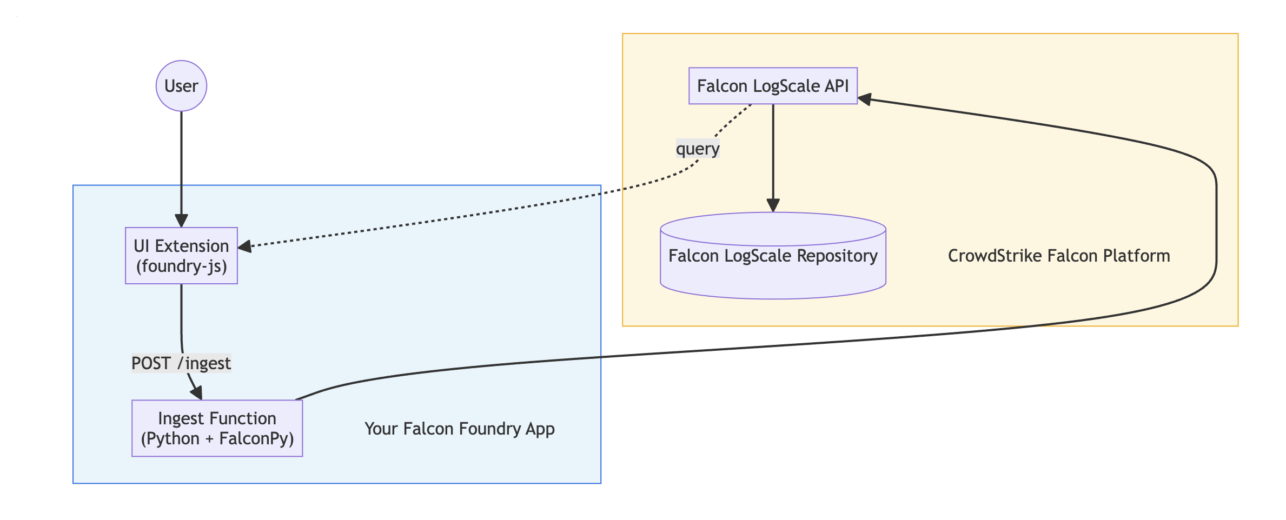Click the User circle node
click(181, 86)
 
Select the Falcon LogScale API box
click(772, 86)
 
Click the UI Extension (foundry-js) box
click(181, 256)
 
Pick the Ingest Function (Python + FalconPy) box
click(217, 429)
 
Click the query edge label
click(697, 149)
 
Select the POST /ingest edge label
click(181, 363)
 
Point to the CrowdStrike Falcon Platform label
click(1058, 256)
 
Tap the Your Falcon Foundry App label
click(459, 429)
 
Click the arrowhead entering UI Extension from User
click(181, 221)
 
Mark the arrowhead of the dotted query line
click(245, 246)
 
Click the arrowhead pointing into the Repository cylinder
click(773, 205)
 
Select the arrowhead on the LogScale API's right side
click(865, 99)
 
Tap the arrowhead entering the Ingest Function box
click(197, 392)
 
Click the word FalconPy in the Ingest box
click(256, 438)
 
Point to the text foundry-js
click(181, 266)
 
